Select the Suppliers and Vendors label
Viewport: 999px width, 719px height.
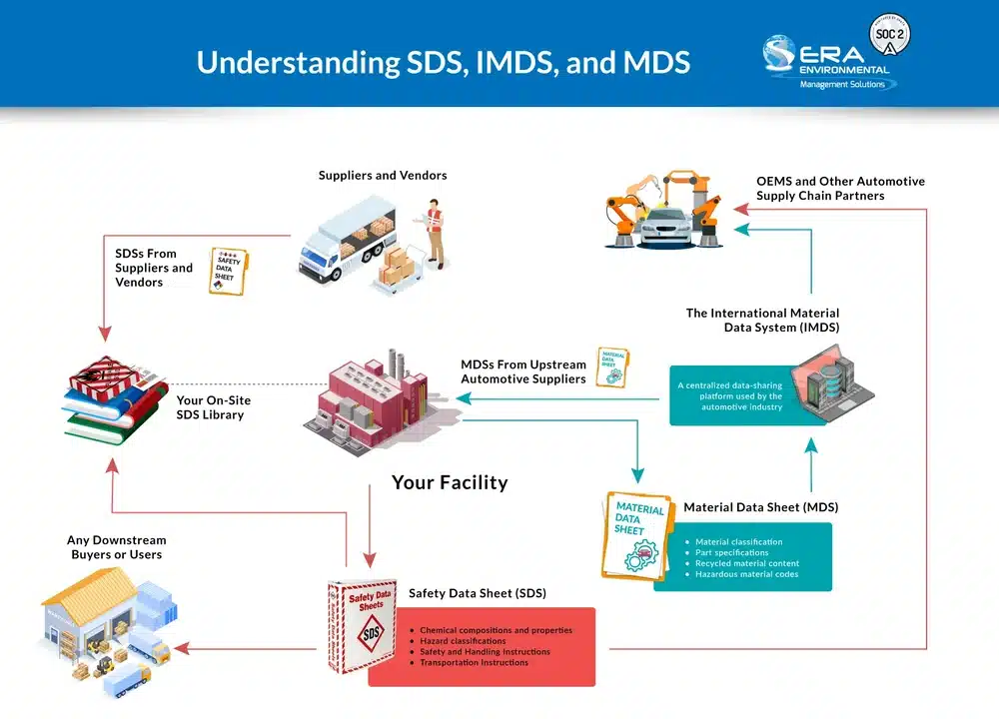coord(383,176)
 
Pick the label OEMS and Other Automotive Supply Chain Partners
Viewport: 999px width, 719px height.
coord(840,188)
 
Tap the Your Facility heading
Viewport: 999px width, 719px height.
coord(450,482)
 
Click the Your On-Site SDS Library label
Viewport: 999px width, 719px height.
coord(214,407)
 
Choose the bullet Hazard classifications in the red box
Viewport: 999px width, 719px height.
coord(463,641)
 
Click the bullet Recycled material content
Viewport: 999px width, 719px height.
coord(747,563)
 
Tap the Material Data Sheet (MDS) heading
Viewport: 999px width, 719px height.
coord(760,507)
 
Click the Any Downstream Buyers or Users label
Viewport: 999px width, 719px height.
coord(117,547)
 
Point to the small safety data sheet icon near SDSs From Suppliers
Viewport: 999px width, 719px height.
coord(228,271)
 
